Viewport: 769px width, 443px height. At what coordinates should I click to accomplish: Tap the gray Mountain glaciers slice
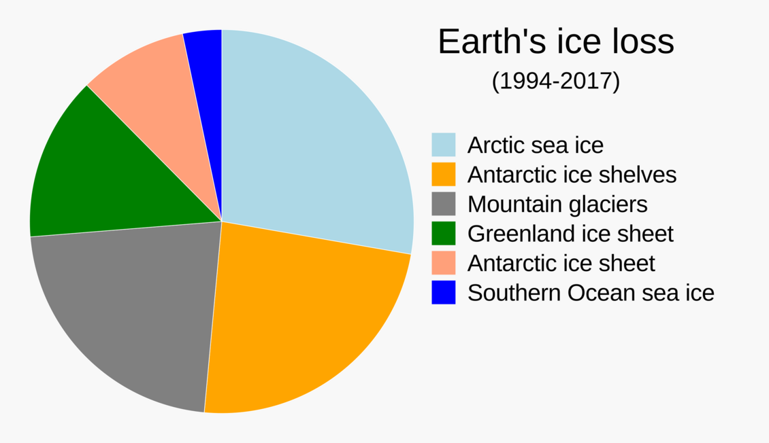[129, 306]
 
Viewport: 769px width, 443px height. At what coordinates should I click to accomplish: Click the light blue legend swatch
[443, 145]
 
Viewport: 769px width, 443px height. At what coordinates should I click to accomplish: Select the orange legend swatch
[443, 174]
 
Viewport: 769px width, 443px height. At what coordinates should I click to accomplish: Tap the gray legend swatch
[443, 204]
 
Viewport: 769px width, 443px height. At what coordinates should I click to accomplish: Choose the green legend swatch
[443, 234]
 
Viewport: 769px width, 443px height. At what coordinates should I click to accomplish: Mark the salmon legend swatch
[443, 263]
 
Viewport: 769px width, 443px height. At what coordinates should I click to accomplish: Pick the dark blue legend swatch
[443, 293]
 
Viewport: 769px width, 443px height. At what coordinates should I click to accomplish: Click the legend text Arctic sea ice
[535, 145]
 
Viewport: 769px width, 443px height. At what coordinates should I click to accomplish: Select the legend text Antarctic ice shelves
[572, 175]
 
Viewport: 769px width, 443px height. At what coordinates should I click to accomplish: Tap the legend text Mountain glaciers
[557, 204]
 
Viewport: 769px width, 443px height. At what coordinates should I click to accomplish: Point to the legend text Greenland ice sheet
[570, 234]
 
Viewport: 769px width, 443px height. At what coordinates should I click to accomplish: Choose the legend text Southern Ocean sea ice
[591, 293]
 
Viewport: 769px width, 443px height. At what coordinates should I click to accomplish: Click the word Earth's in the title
[481, 42]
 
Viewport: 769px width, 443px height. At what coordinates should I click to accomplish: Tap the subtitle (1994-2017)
[555, 82]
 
